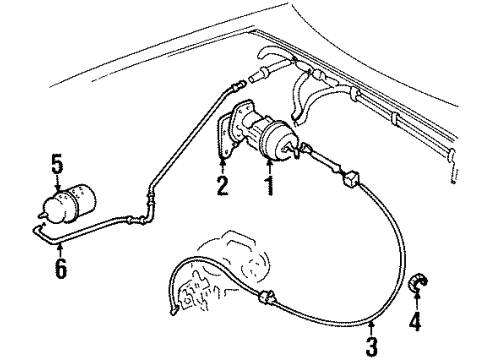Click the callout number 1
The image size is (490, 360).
coord(266,186)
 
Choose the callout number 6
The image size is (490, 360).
coord(61,270)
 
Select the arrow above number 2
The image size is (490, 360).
coord(223,167)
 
